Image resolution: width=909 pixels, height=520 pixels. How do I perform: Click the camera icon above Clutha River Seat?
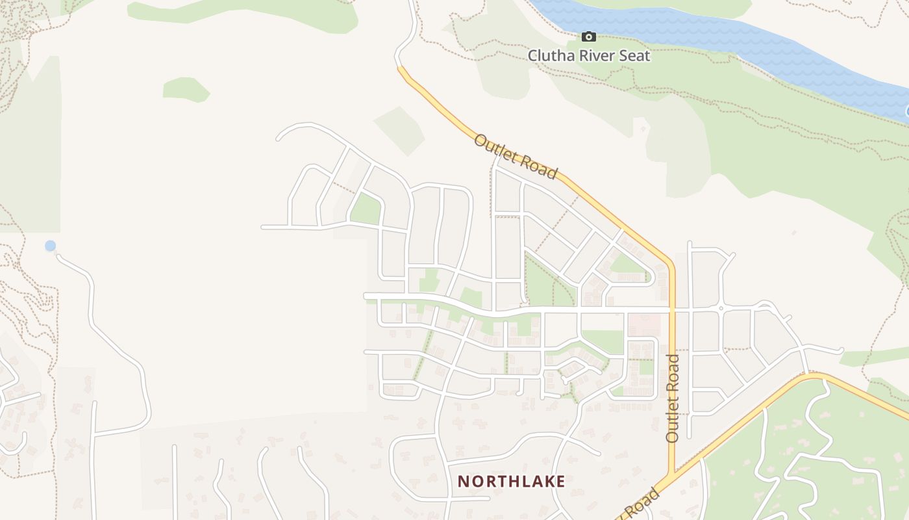[588, 37]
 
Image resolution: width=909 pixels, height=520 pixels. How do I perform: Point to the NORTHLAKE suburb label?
[512, 482]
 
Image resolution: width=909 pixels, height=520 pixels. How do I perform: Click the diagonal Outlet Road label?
[516, 156]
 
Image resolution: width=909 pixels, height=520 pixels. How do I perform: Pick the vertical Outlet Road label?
[673, 398]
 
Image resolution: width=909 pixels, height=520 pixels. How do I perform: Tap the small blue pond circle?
[50, 246]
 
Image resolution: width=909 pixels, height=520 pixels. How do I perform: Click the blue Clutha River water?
[714, 32]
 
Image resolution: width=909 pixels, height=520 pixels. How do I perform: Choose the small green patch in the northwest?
[186, 89]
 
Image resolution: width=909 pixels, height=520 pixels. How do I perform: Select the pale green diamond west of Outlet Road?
[399, 130]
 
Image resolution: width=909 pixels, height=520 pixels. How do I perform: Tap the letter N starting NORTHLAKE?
[462, 482]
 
